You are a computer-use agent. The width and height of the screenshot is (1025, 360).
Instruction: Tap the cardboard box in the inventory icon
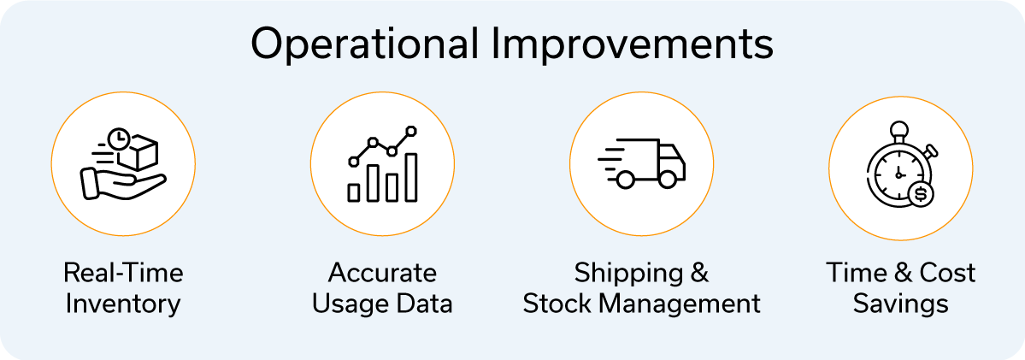click(141, 150)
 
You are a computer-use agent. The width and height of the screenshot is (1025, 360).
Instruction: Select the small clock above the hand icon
click(118, 138)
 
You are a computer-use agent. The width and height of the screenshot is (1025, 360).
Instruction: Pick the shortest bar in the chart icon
click(354, 192)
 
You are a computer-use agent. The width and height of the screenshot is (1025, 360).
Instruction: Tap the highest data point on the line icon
click(411, 131)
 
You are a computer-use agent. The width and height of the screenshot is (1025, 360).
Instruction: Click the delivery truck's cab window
click(670, 156)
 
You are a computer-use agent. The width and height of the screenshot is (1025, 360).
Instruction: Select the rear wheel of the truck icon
click(626, 179)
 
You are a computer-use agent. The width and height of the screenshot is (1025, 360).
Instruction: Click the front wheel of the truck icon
click(668, 179)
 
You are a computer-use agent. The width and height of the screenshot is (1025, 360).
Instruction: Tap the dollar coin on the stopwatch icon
click(921, 193)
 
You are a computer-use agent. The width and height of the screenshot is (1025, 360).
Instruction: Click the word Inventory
click(124, 304)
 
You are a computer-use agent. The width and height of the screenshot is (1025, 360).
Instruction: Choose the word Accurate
click(382, 273)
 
